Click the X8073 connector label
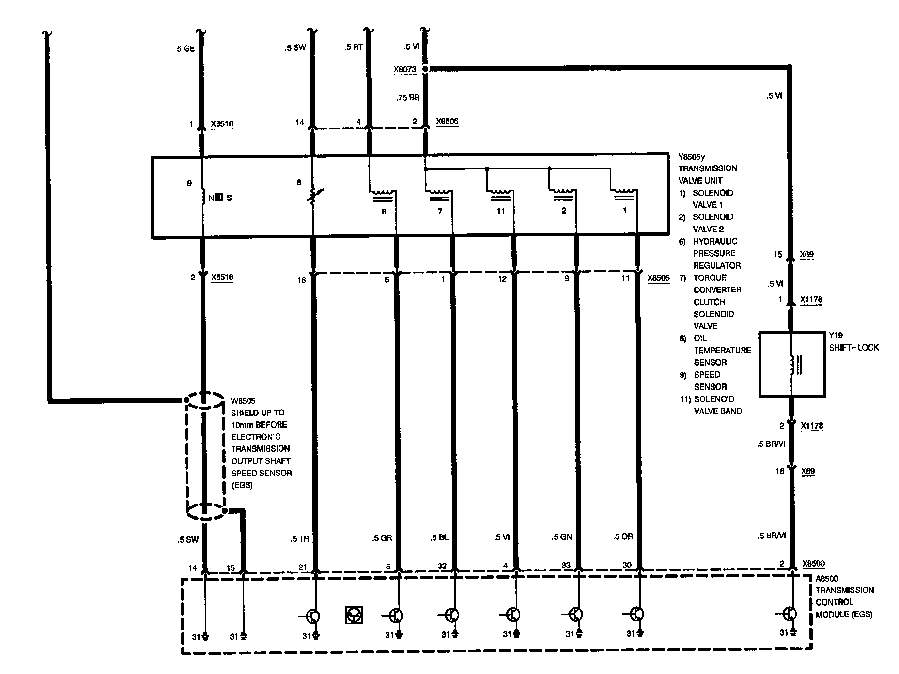point(404,69)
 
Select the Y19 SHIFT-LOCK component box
point(791,364)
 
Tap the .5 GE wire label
point(185,49)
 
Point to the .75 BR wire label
point(408,97)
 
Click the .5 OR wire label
point(623,536)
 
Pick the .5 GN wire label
point(562,536)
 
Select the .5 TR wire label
point(300,538)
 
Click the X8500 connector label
point(813,564)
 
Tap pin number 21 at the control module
point(302,567)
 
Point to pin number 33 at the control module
point(566,565)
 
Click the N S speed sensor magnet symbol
point(219,198)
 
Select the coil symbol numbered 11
point(500,195)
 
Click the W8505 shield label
point(243,401)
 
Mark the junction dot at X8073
point(425,69)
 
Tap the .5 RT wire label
point(354,47)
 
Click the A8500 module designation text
point(827,578)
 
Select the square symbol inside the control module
point(354,614)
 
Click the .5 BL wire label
point(440,537)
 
